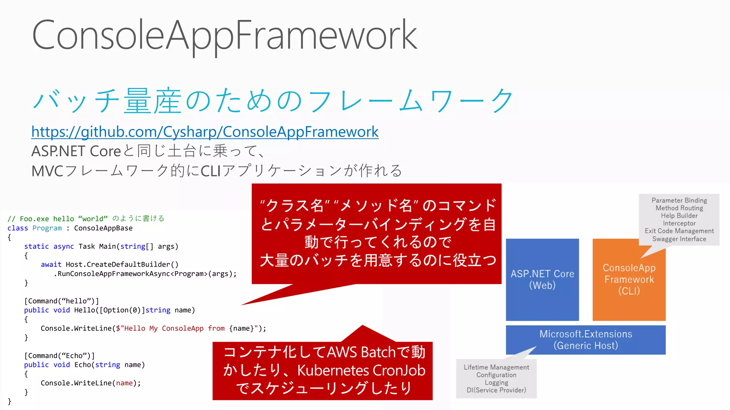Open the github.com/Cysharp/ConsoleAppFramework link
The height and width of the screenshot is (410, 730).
tap(205, 132)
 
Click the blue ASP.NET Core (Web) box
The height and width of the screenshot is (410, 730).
tap(542, 280)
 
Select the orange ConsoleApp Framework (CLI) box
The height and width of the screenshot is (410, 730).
tap(629, 280)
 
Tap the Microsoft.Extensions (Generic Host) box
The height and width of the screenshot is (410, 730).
tap(586, 340)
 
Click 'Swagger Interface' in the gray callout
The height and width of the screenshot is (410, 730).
tap(679, 239)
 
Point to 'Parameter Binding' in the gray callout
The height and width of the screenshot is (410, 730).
tap(679, 200)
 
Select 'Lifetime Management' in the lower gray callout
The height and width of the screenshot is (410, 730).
tap(496, 367)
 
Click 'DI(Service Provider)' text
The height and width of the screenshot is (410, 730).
tap(496, 390)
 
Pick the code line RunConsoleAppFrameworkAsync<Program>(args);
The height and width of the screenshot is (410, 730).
tap(145, 274)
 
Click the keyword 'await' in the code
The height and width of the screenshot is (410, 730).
tap(51, 264)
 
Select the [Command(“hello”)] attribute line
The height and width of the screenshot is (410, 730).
tap(61, 301)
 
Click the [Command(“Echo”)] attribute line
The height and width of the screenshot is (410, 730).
tap(59, 356)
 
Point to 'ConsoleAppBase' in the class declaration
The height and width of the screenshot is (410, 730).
tap(103, 228)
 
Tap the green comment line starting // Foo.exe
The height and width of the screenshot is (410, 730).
tap(86, 219)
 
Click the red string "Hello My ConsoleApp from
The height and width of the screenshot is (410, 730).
tap(170, 328)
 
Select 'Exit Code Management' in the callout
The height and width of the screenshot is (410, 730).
tap(679, 231)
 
